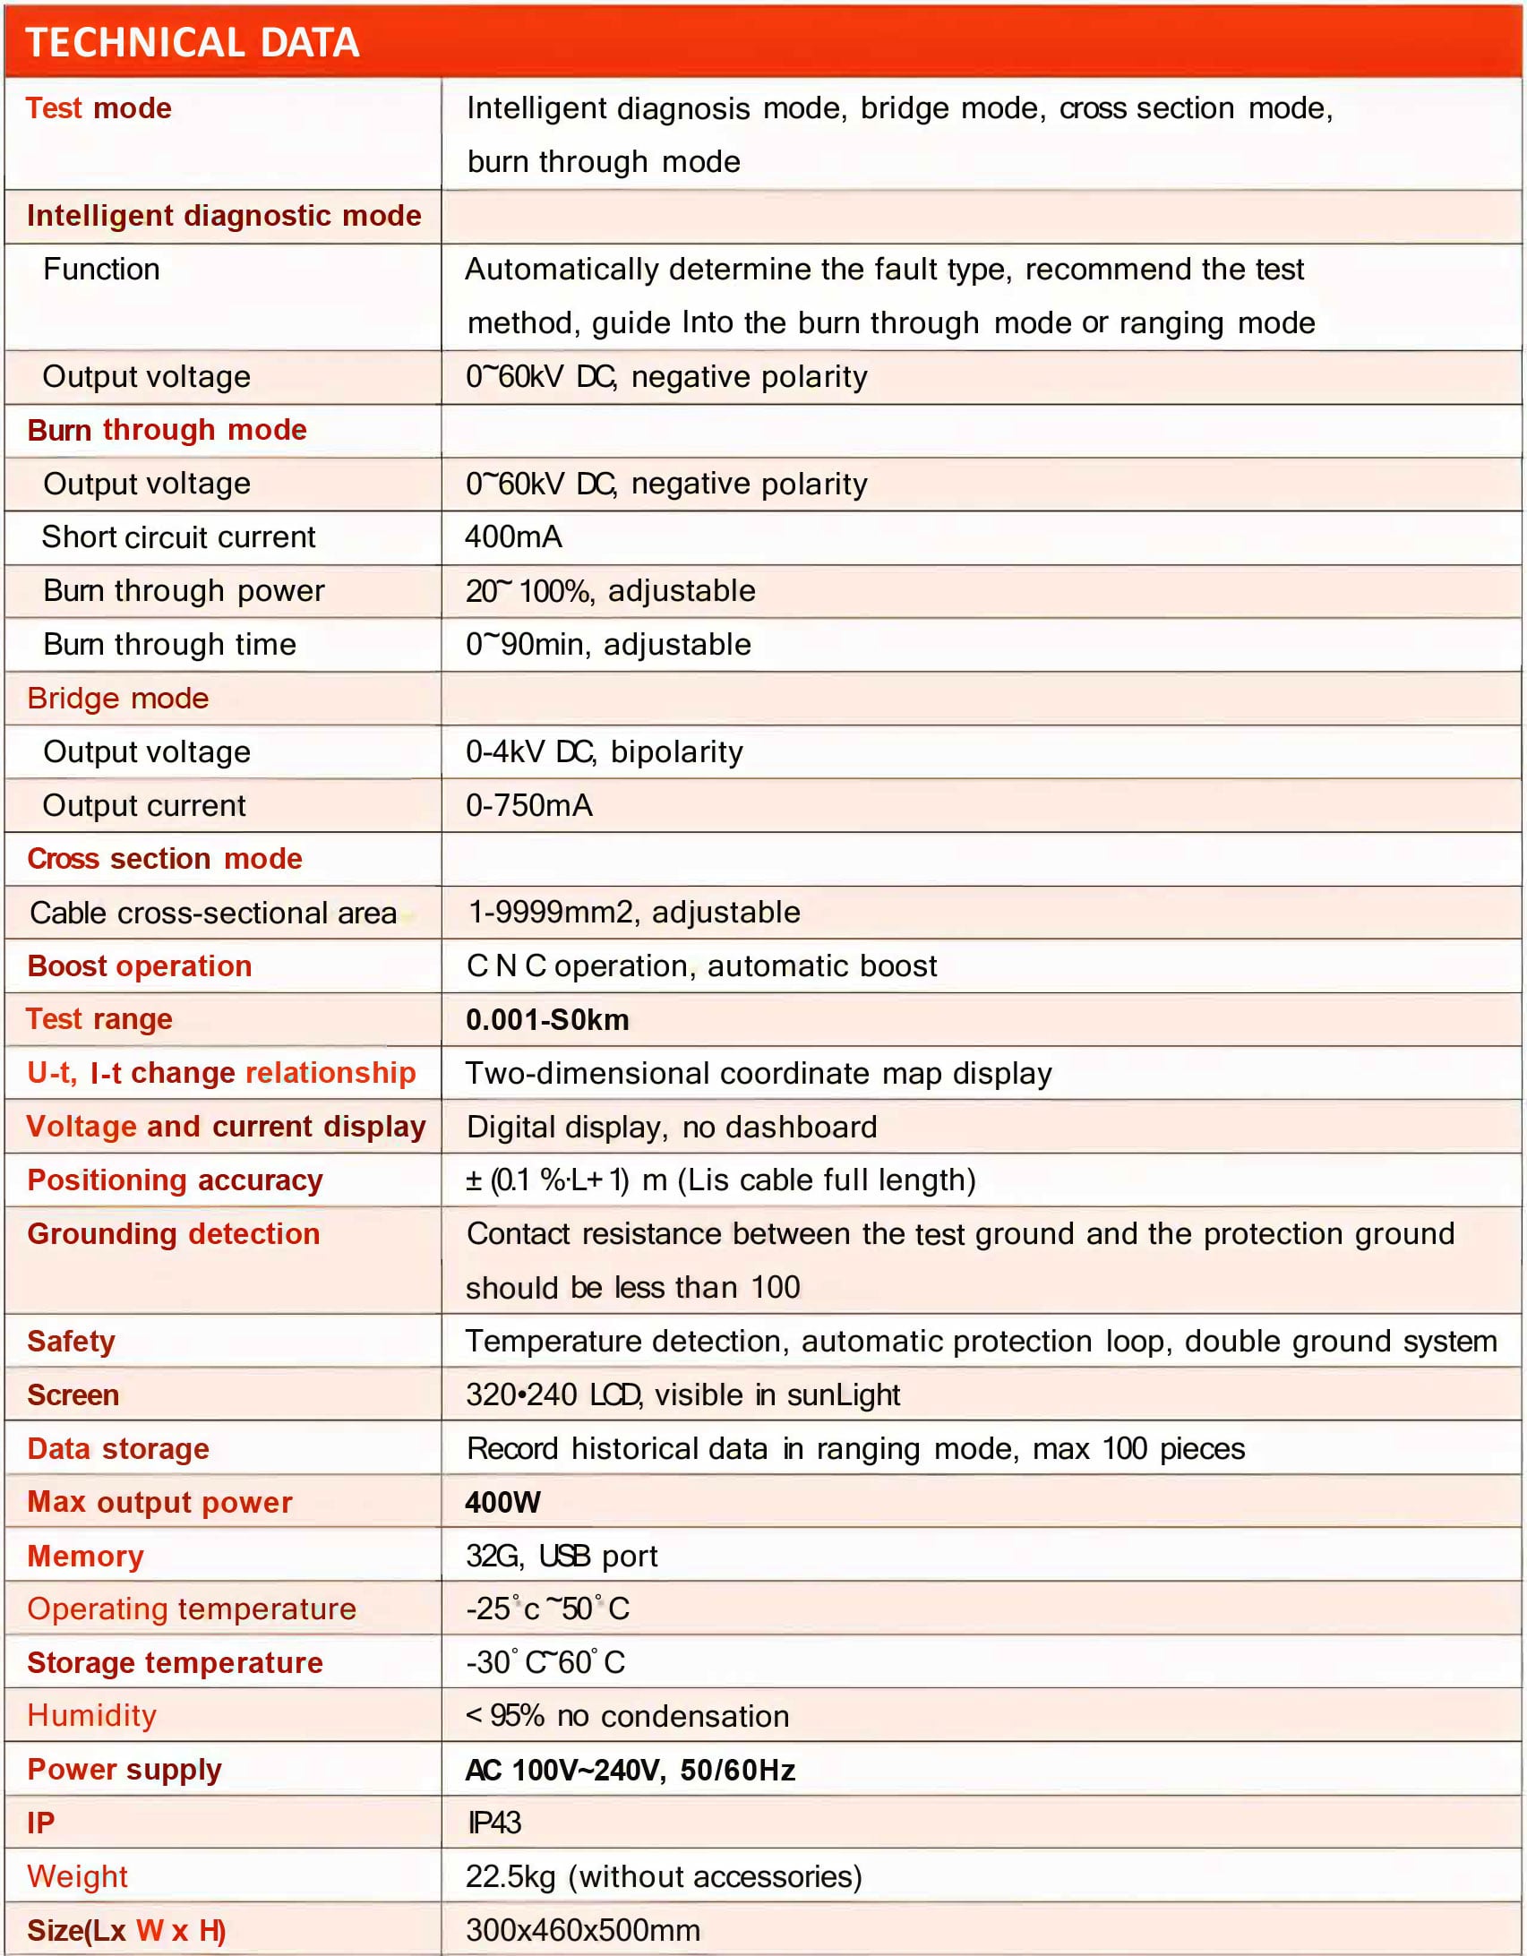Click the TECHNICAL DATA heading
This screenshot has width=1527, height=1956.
(x=193, y=43)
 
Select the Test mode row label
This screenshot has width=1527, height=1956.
(x=99, y=108)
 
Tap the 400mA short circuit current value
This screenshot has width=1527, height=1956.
(x=513, y=536)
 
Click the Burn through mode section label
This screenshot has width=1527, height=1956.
(x=167, y=430)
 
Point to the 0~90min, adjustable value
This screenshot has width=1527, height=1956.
(x=608, y=644)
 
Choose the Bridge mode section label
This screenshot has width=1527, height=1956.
(x=117, y=698)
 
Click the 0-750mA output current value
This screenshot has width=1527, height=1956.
(x=528, y=805)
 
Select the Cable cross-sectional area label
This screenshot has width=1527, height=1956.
(x=213, y=913)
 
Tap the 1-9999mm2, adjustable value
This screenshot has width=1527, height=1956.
(x=634, y=912)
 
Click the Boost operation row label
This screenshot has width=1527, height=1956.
(x=140, y=965)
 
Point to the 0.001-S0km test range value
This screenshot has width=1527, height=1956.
(x=547, y=1019)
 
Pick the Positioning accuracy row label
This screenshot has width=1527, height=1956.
(x=175, y=1180)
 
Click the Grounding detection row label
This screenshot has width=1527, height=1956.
(x=173, y=1233)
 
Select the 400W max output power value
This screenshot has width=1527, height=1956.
(x=502, y=1502)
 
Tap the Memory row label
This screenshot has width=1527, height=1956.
(x=85, y=1556)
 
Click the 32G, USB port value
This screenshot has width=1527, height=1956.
(x=562, y=1556)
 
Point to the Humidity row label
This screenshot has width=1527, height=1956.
(x=91, y=1715)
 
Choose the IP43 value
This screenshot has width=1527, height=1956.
(x=493, y=1823)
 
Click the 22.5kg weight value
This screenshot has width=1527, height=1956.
(x=663, y=1876)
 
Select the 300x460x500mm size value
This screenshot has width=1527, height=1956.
(x=582, y=1930)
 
